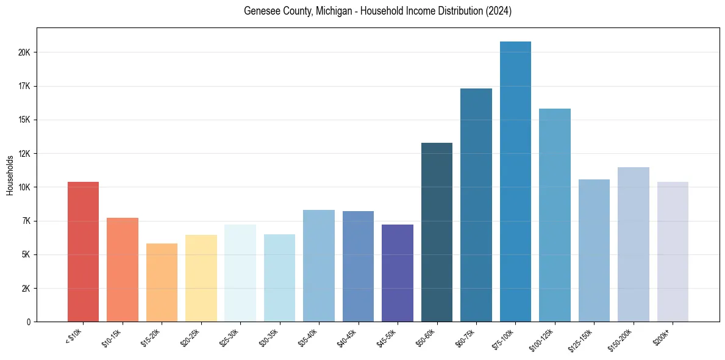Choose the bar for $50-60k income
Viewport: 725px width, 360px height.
pyautogui.click(x=437, y=232)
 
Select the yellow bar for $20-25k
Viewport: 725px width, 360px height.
pyautogui.click(x=201, y=278)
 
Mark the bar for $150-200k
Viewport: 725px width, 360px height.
pyautogui.click(x=634, y=244)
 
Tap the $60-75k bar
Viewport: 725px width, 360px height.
pyautogui.click(x=476, y=205)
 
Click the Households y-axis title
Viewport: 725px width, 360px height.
pyautogui.click(x=10, y=175)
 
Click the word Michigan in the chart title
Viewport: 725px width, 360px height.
pyautogui.click(x=333, y=12)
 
